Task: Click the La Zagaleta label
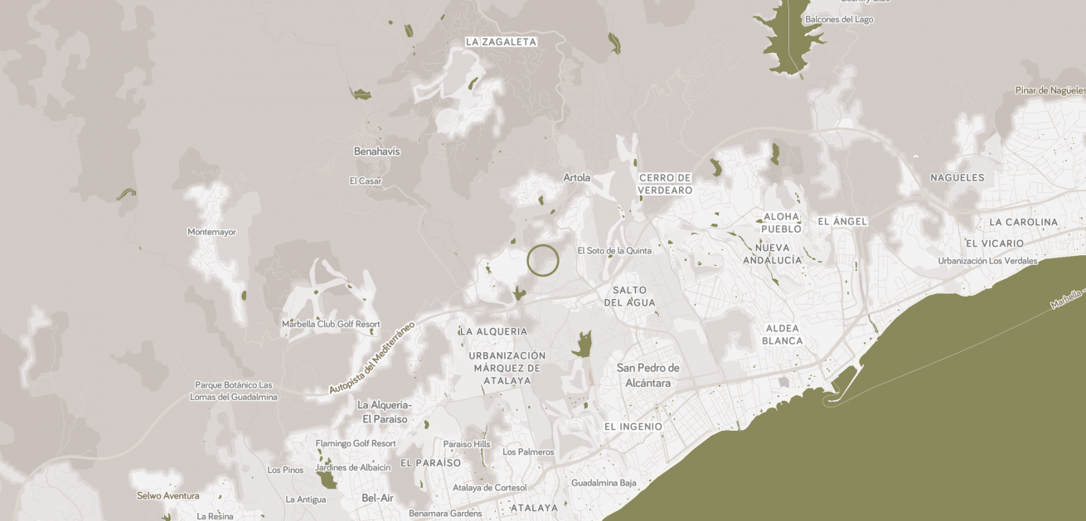(x=501, y=41)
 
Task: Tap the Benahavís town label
(x=376, y=152)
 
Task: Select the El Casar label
(x=366, y=181)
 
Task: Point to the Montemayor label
(x=211, y=232)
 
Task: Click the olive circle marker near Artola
(x=543, y=260)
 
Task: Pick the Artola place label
(x=577, y=177)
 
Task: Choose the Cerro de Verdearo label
(x=665, y=184)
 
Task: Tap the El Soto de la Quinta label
(x=614, y=251)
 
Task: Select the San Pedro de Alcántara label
(x=648, y=375)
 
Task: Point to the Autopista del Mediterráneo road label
(x=371, y=357)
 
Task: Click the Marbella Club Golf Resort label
(x=331, y=324)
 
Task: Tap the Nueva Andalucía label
(x=773, y=253)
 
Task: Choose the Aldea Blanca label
(x=782, y=335)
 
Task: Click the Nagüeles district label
(x=957, y=177)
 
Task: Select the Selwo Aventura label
(x=168, y=496)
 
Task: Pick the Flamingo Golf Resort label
(x=356, y=443)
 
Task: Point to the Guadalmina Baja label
(x=604, y=483)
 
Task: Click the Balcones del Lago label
(x=839, y=19)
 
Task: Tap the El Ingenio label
(x=633, y=427)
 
